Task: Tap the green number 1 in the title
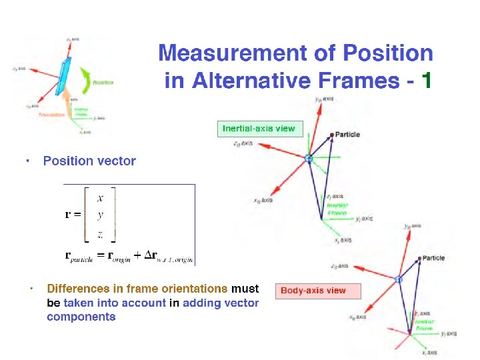click(427, 81)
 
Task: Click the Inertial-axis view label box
click(259, 129)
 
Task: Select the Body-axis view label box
click(313, 291)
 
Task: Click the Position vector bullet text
click(89, 161)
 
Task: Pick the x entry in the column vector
click(100, 197)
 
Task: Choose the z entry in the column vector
click(100, 233)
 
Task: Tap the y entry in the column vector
click(100, 215)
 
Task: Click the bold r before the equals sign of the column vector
click(69, 215)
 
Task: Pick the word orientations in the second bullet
click(195, 289)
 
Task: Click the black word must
click(245, 289)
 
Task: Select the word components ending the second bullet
click(81, 317)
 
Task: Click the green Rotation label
click(103, 83)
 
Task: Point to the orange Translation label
click(51, 115)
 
